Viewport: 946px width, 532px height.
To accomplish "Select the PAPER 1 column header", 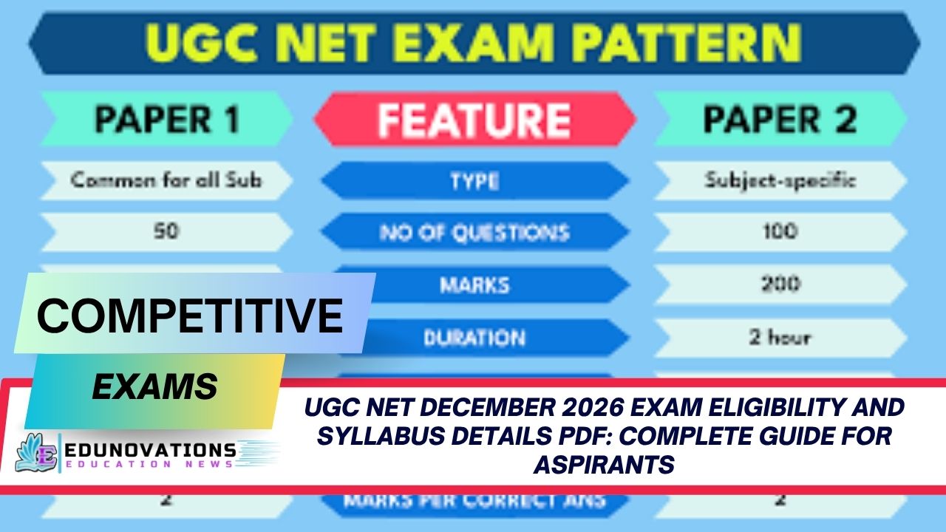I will click(x=166, y=119).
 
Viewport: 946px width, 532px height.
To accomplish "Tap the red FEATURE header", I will click(x=473, y=119).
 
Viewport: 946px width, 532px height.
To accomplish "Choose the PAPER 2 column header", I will click(x=779, y=119).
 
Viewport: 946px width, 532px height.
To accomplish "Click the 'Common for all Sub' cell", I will click(x=166, y=180).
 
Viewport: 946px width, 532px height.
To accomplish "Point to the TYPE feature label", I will click(x=473, y=181).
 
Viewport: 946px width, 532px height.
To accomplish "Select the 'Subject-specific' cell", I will click(x=779, y=180).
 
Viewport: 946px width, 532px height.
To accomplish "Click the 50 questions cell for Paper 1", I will click(x=166, y=232).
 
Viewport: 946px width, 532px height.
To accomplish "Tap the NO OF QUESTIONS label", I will click(x=473, y=233).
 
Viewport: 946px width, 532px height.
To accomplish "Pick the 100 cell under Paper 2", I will click(x=779, y=232).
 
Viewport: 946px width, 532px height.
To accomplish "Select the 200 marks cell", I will click(x=779, y=284).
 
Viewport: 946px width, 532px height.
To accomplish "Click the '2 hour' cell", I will click(x=779, y=338).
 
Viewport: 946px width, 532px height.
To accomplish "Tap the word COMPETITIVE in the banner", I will click(x=190, y=316).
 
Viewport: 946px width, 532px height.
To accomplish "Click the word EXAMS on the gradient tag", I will click(x=154, y=386).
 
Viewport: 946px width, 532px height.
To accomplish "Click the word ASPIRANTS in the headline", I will click(x=605, y=465).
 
